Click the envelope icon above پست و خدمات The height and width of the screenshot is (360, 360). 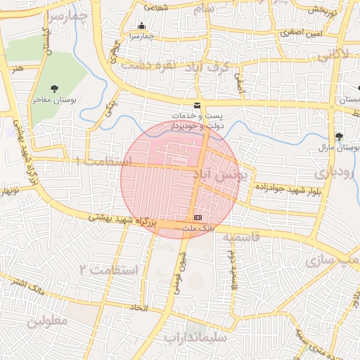pyautogui.click(x=197, y=105)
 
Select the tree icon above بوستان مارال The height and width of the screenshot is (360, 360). pyautogui.click(x=340, y=136)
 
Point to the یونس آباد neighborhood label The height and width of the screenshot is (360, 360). pyautogui.click(x=217, y=173)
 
